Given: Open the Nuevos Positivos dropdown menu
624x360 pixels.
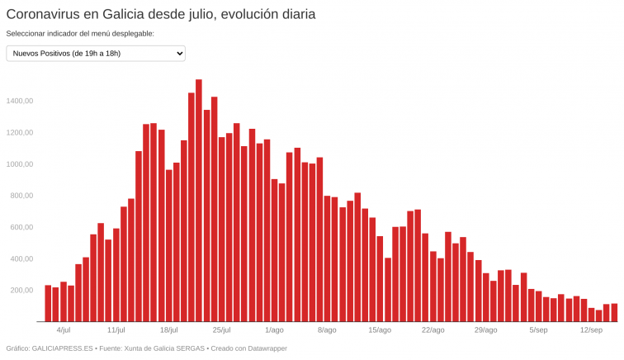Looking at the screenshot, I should pyautogui.click(x=96, y=54).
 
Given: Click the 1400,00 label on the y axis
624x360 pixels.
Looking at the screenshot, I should pyautogui.click(x=19, y=101).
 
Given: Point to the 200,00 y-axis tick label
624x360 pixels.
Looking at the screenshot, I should pyautogui.click(x=21, y=291).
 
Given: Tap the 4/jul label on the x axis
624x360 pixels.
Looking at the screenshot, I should pyautogui.click(x=64, y=330).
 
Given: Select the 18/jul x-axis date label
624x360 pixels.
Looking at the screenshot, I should pyautogui.click(x=169, y=330).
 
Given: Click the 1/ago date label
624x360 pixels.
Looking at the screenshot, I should pyautogui.click(x=274, y=330).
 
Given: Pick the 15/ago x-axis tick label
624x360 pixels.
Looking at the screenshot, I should pyautogui.click(x=380, y=330).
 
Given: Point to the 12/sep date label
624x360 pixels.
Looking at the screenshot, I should pyautogui.click(x=591, y=330).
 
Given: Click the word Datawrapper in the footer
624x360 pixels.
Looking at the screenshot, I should pyautogui.click(x=262, y=348).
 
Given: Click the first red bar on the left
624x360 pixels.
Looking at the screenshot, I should pyautogui.click(x=48, y=303).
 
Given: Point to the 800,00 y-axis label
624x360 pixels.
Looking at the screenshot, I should pyautogui.click(x=21, y=196).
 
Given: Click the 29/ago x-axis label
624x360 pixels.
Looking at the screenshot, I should pyautogui.click(x=485, y=330).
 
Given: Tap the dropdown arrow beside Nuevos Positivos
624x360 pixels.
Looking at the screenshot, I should pyautogui.click(x=179, y=54).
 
